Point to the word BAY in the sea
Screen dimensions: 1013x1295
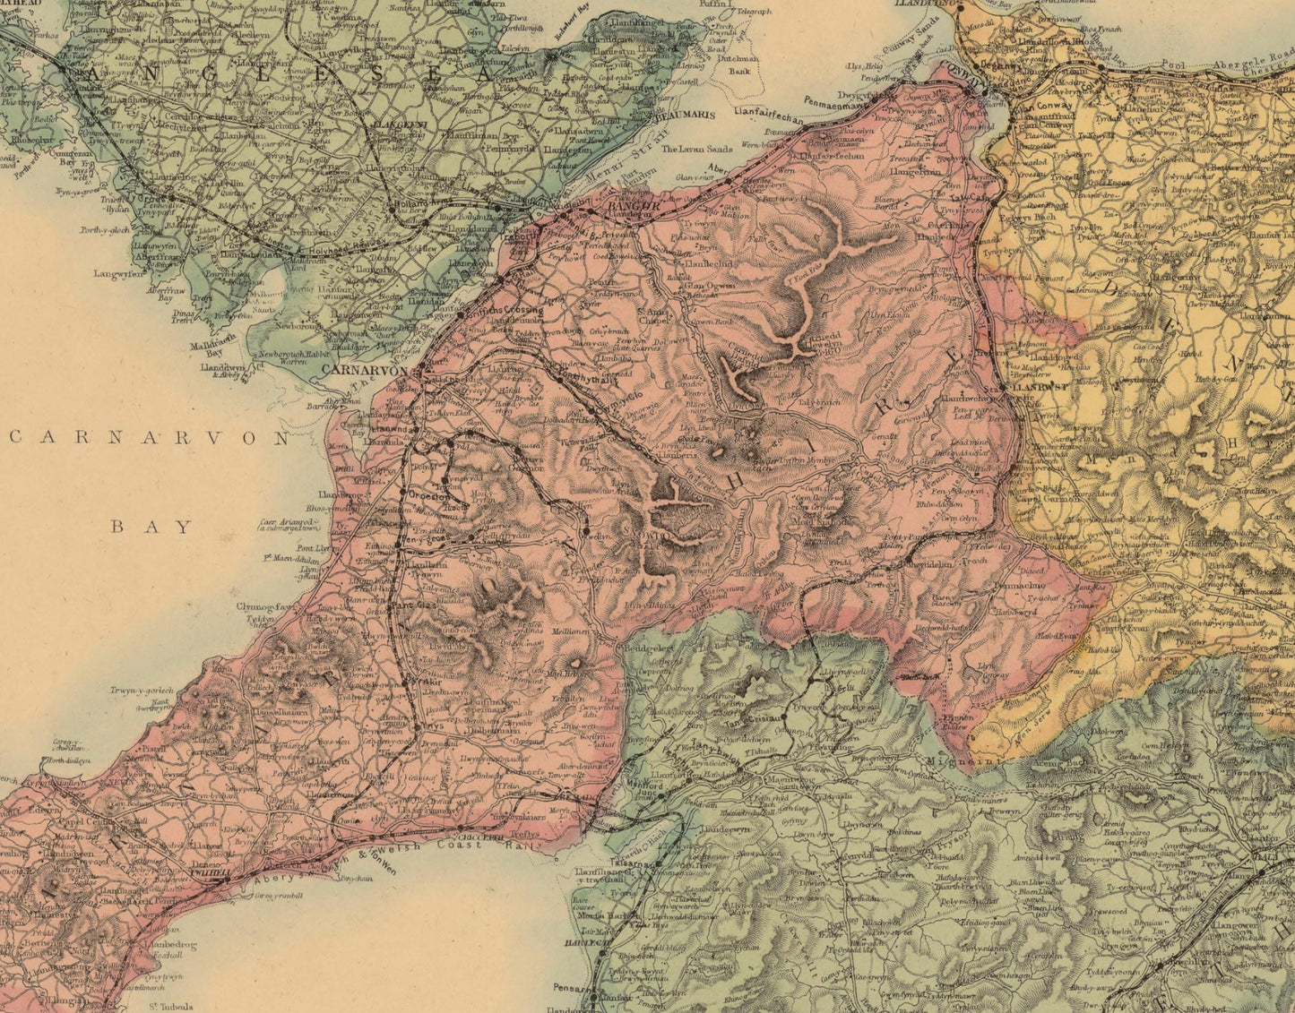tap(152, 527)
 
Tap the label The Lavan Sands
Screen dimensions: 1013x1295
tap(696, 150)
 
